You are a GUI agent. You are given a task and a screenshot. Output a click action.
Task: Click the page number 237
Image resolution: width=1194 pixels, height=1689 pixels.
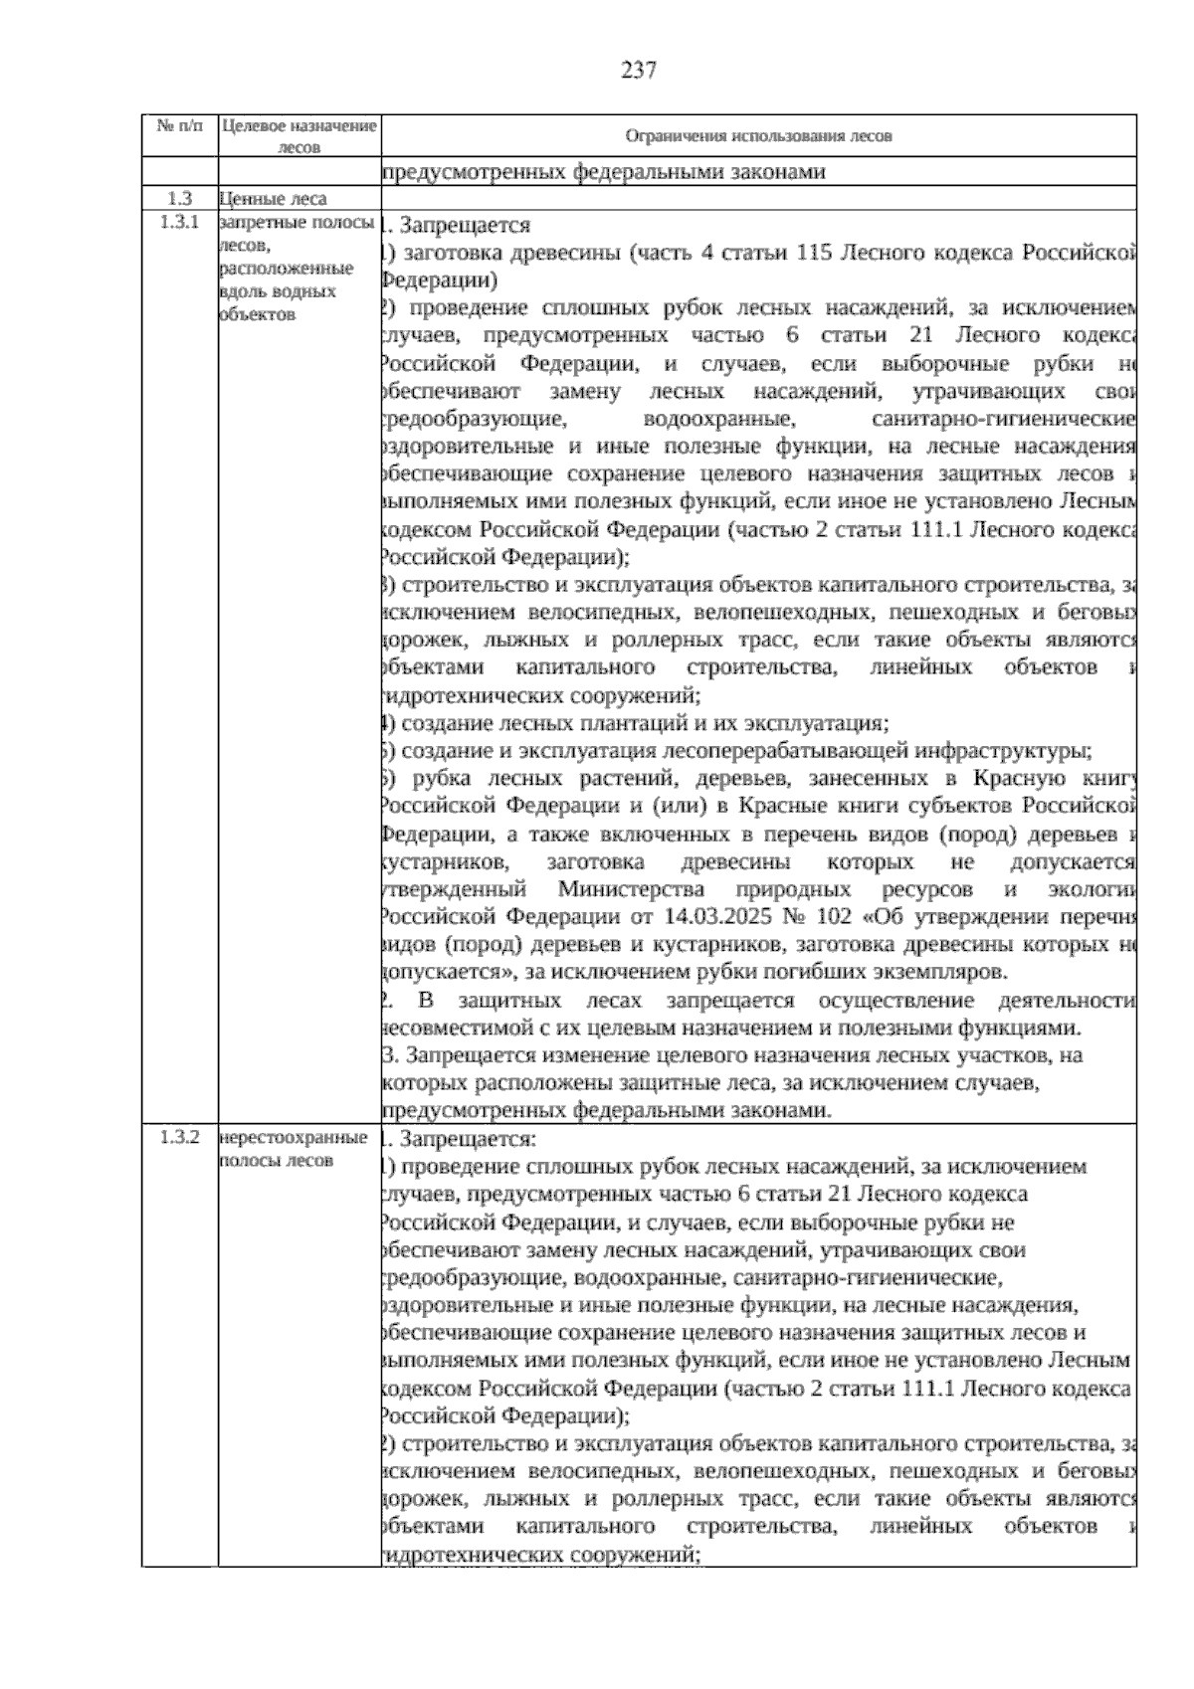coord(638,71)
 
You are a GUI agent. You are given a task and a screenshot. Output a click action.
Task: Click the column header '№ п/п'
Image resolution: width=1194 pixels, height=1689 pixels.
coord(179,127)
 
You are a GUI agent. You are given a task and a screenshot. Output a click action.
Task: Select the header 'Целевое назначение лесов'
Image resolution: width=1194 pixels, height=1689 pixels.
coord(298,136)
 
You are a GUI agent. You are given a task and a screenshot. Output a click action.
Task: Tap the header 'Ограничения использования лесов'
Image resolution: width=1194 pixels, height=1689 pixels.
coord(758,136)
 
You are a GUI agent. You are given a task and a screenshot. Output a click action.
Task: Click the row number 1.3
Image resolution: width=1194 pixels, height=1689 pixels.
coord(179,199)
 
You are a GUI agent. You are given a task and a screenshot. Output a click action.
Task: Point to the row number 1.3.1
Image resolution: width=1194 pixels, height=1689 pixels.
coord(179,222)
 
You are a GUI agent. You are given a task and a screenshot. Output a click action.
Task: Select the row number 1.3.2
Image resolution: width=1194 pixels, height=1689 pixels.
coord(179,1137)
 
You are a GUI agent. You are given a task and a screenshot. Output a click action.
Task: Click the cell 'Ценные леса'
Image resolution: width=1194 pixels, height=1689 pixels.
coord(273,199)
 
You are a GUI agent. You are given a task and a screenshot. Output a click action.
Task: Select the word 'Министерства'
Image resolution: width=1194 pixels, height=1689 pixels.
coord(631,888)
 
